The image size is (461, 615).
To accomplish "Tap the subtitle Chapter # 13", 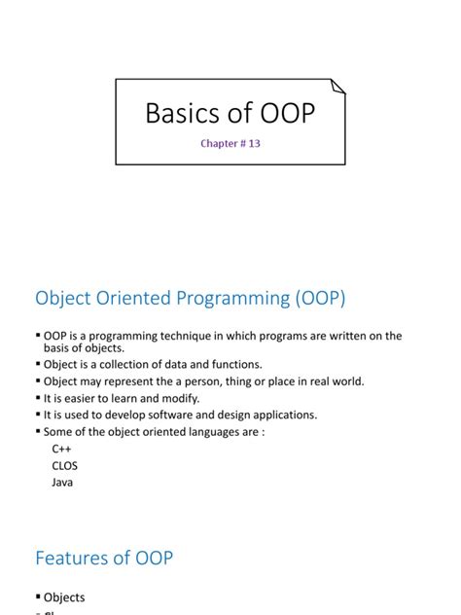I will click(230, 144).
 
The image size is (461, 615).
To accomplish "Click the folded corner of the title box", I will click(337, 87).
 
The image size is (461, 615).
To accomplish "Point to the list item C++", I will click(62, 449).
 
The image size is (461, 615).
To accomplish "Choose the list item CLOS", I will click(65, 465).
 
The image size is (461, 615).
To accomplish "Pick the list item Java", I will click(63, 482).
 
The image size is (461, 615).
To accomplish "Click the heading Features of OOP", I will click(104, 558).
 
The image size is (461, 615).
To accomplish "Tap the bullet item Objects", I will click(64, 597).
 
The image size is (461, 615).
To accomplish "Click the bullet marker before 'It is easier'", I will click(37, 398).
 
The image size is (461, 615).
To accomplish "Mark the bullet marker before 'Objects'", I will click(37, 597).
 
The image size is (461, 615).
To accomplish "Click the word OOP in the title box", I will click(284, 114).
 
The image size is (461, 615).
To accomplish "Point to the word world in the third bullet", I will click(343, 381).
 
